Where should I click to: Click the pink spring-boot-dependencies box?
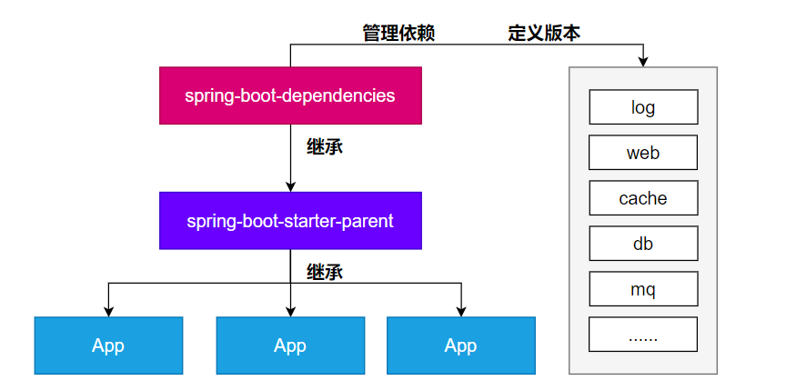pos(290,95)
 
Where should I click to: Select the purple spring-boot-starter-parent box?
pos(290,221)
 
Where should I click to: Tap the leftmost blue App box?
pos(108,345)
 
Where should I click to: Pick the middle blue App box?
pos(290,345)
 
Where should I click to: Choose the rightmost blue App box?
pos(460,345)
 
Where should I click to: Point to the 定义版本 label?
pos(544,34)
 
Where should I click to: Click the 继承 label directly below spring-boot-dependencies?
pos(325,146)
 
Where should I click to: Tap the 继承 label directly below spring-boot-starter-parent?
pos(325,271)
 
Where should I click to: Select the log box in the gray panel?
pos(643,107)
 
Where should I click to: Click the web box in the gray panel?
pos(643,153)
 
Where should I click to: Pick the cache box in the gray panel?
pos(643,198)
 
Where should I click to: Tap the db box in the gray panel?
pos(643,244)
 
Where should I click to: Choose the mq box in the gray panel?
pos(643,290)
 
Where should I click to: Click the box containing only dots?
pos(643,335)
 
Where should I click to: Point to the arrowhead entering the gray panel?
pos(643,61)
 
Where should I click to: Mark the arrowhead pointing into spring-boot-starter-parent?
pos(290,186)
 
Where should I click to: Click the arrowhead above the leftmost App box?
pos(108,311)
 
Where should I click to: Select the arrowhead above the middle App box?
pos(290,311)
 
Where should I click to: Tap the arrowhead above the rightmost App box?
pos(460,311)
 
